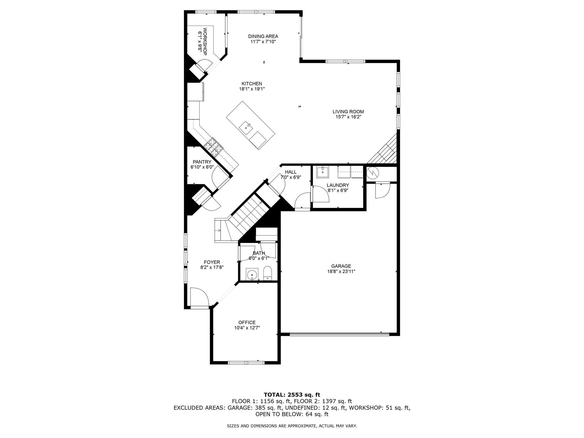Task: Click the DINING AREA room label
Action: pos(263,36)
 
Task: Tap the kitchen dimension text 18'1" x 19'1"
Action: pos(252,89)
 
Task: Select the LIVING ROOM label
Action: pos(348,111)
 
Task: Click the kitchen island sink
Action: pos(246,128)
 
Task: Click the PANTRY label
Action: pos(202,162)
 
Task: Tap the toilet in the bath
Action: pos(267,273)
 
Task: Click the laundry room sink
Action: pos(323,172)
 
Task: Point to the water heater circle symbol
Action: pos(372,173)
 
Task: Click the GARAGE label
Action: pos(341,266)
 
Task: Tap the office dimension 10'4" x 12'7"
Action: pos(247,328)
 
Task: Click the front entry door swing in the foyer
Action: pos(200,297)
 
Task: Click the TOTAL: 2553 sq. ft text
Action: pos(292,395)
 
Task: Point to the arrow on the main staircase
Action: pos(260,203)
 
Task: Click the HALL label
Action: pos(291,172)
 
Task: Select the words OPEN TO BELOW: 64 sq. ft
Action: pos(292,414)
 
